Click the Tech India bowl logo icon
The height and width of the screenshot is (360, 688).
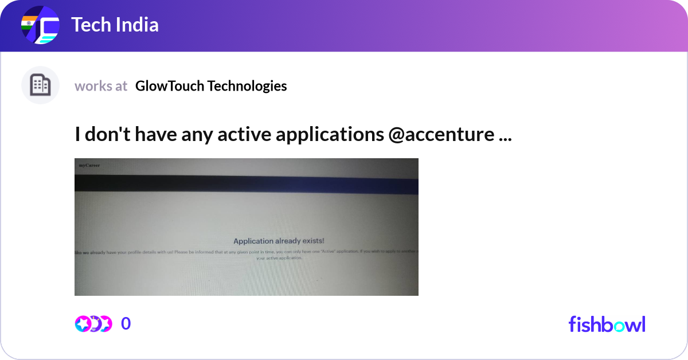tap(40, 26)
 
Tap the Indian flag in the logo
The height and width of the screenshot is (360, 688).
tap(29, 24)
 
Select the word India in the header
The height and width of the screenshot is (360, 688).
tap(136, 25)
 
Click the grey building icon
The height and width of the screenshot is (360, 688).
tap(40, 85)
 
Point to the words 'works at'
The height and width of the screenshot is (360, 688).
tap(101, 86)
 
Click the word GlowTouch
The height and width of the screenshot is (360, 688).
tap(169, 86)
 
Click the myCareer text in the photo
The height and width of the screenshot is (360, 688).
tap(89, 165)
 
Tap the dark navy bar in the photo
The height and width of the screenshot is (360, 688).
tap(247, 183)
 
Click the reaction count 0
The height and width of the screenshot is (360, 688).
tap(126, 324)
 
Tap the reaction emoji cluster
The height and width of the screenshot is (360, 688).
tap(93, 324)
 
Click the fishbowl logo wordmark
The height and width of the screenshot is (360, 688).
tap(607, 324)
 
